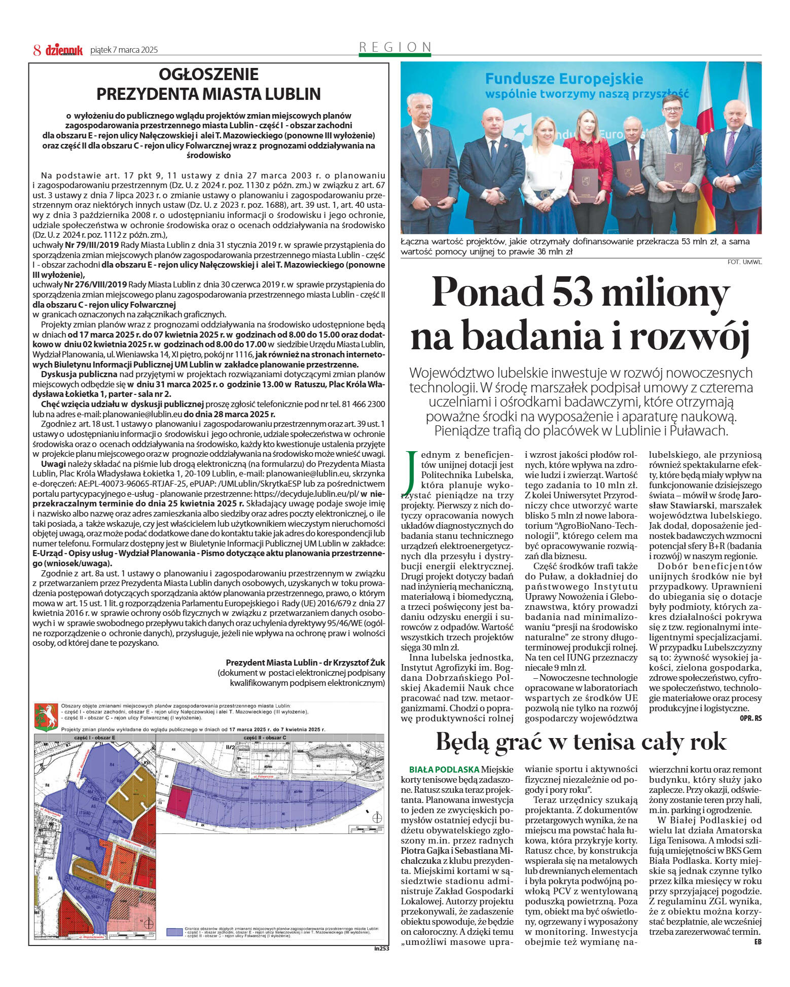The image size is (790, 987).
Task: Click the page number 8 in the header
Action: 37,50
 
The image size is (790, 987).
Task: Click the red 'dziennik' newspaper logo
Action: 64,50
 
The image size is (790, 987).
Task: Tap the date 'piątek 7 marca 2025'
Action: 124,50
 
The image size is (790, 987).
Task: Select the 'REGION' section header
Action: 395,47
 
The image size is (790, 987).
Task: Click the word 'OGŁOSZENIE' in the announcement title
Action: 208,75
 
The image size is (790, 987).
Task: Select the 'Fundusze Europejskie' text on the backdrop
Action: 564,79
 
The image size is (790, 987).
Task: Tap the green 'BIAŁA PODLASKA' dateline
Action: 444,769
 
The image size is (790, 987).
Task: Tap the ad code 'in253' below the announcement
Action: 381,948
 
